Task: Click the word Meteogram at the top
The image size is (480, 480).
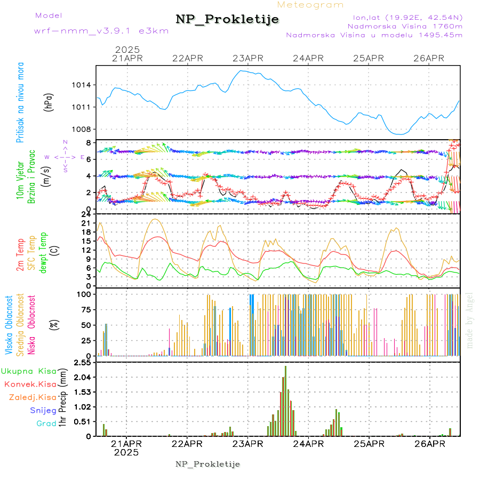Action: (310, 5)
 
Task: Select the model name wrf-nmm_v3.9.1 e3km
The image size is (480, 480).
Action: (101, 31)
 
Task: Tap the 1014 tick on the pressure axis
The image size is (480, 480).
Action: (82, 85)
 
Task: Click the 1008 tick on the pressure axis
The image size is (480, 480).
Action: (82, 129)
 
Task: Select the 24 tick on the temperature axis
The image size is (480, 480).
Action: (85, 215)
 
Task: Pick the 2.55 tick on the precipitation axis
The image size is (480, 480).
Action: (83, 363)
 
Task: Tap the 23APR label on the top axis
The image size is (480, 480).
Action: (248, 58)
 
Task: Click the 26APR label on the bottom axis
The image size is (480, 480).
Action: (429, 444)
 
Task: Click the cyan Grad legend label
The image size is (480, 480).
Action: (46, 423)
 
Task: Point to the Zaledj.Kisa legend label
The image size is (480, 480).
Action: (33, 397)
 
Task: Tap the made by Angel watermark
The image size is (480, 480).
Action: (470, 320)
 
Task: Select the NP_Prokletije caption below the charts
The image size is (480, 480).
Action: (208, 464)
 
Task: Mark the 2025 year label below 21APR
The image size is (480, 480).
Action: (126, 452)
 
